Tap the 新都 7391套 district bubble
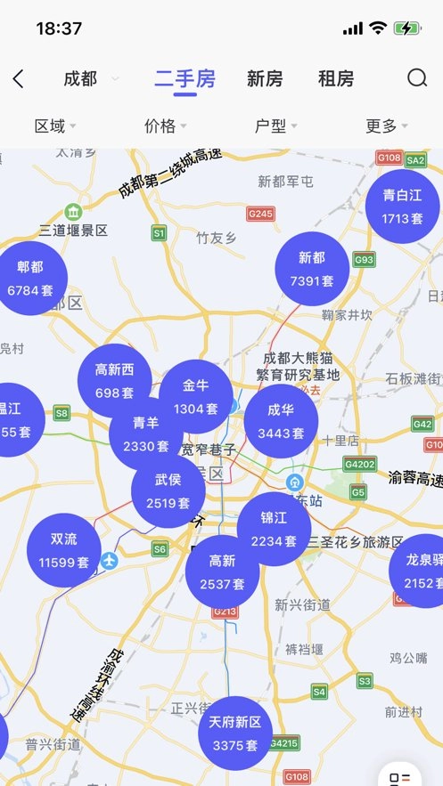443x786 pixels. click(312, 269)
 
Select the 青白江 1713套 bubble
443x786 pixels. click(402, 207)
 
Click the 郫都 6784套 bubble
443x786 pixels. click(30, 278)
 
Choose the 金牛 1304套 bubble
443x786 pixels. click(195, 397)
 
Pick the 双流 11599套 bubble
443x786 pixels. click(63, 550)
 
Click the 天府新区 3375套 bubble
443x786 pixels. click(235, 733)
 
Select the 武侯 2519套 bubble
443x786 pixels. click(168, 491)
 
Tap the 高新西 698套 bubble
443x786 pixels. click(114, 380)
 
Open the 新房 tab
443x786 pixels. click(265, 78)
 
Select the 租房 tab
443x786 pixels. click(336, 78)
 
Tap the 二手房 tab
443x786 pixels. click(185, 78)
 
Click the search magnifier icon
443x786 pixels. click(417, 78)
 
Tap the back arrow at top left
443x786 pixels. click(19, 78)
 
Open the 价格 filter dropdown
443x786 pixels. click(165, 126)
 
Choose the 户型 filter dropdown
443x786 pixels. click(275, 126)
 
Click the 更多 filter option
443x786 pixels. click(386, 126)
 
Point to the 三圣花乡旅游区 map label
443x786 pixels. click(356, 541)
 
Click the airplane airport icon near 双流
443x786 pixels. click(109, 561)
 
